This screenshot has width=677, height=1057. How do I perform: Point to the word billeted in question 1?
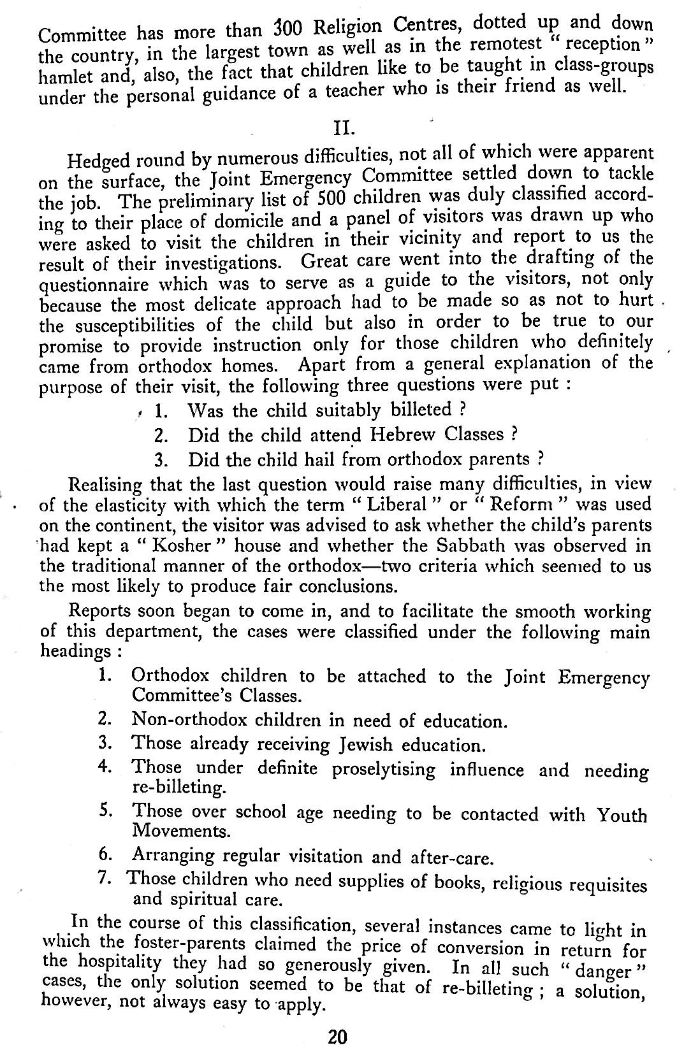[x=414, y=409]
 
